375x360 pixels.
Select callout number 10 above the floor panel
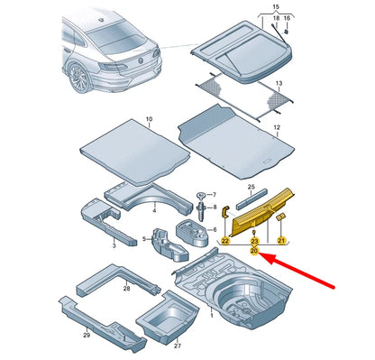tap(149, 119)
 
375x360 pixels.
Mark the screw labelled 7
tap(200, 198)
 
